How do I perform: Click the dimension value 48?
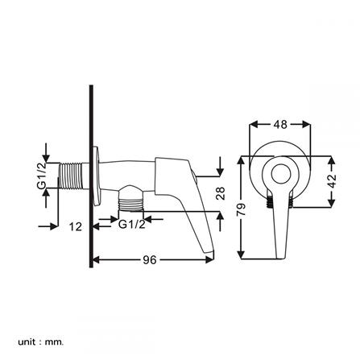coord(281,125)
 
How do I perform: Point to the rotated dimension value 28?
coord(221,193)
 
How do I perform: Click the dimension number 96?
coord(150,259)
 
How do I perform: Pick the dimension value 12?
coord(75,227)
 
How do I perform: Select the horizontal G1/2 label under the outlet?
coord(131,226)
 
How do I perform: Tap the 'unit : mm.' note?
coord(41,341)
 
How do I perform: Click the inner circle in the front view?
coord(279,174)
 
